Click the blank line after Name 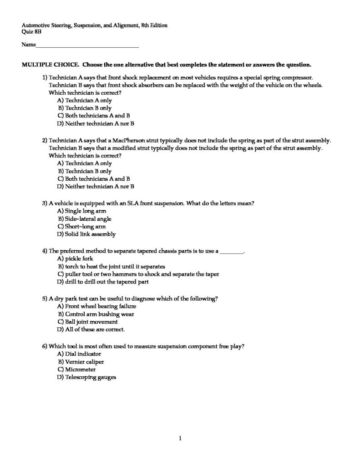click(86, 46)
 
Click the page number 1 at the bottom click(180, 438)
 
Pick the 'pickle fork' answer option click(79, 258)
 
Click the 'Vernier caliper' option click(84, 362)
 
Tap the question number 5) click(45, 299)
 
